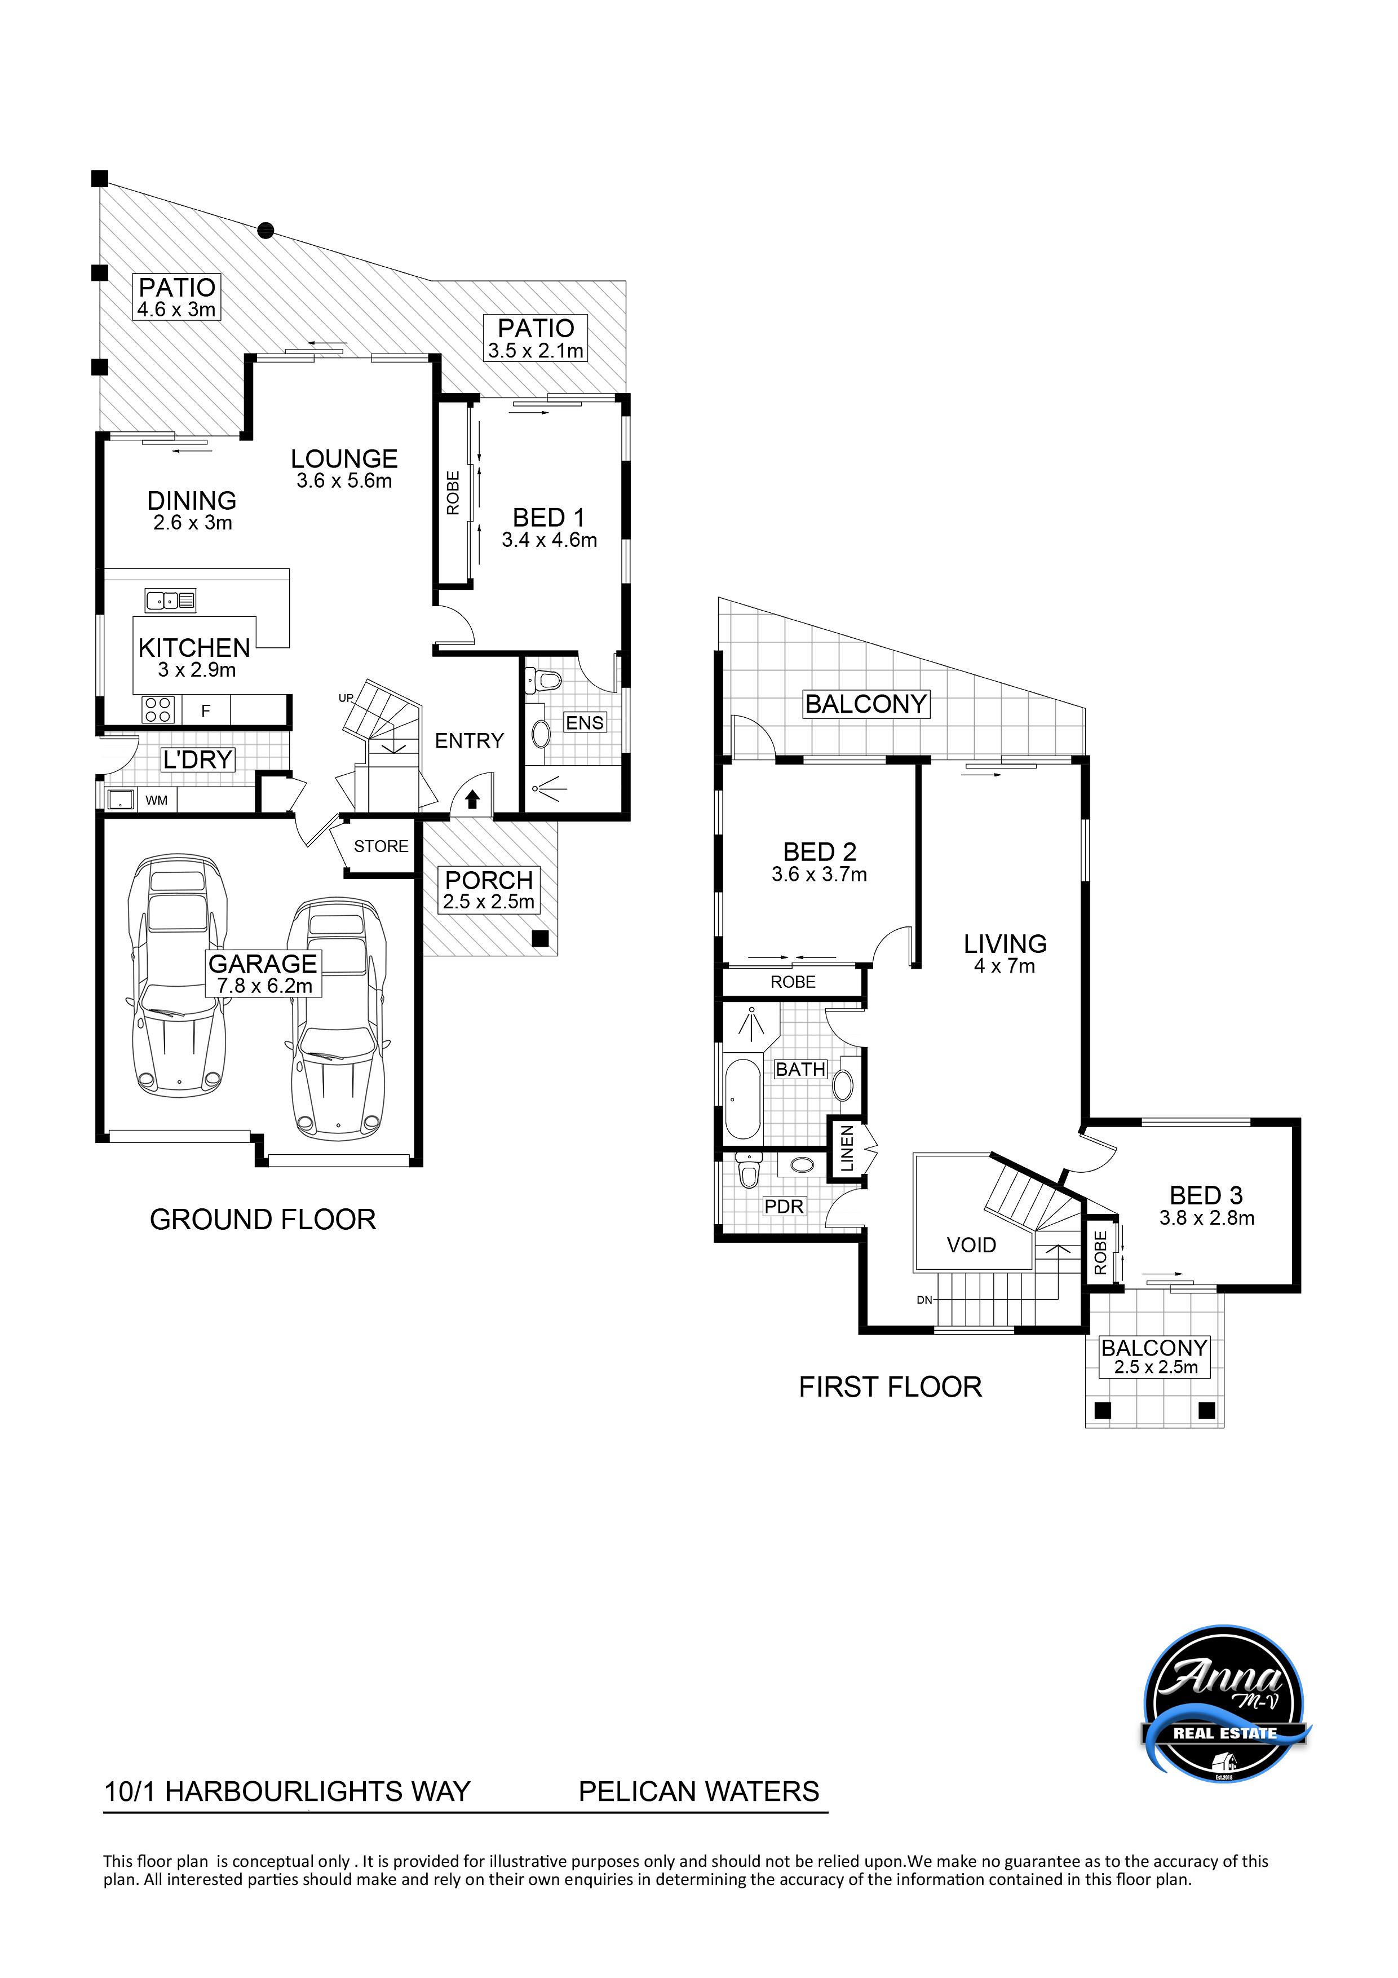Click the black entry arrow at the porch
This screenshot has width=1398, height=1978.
point(472,800)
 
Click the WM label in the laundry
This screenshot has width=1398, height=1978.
point(157,800)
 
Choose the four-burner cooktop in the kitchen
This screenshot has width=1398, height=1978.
point(158,709)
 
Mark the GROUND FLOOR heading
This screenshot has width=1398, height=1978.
point(263,1220)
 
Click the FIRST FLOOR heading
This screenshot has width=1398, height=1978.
point(890,1387)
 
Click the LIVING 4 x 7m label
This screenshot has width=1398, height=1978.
point(1005,953)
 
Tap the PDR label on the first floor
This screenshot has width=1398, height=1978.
point(784,1206)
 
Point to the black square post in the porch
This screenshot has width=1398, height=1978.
point(540,939)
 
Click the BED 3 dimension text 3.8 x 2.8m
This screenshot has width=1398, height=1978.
point(1207,1218)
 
